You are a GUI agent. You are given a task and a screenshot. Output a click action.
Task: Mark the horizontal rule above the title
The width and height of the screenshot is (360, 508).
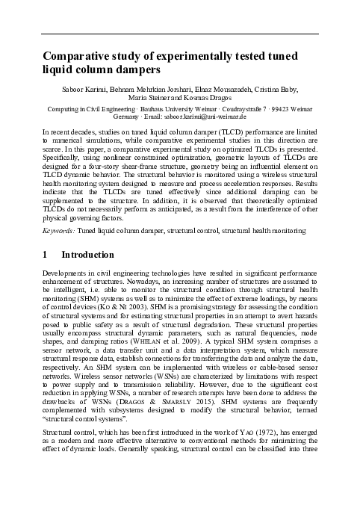179,34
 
